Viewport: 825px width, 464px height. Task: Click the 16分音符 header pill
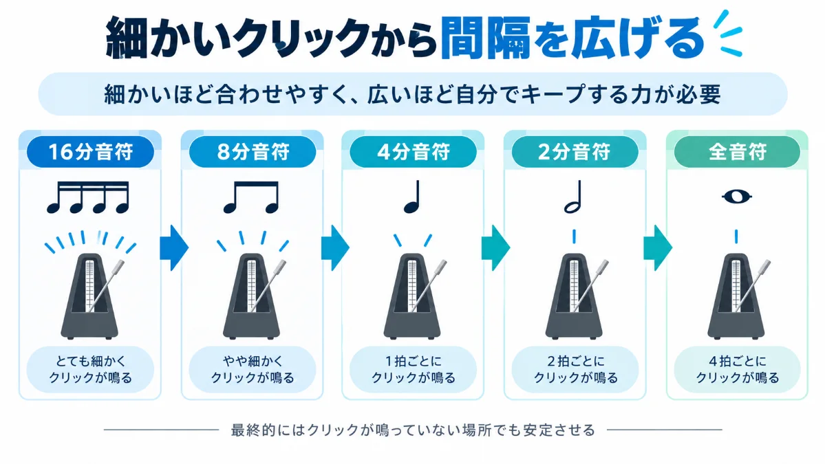coord(91,152)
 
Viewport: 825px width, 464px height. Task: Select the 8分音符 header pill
coord(253,152)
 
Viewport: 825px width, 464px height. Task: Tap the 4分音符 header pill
coord(413,152)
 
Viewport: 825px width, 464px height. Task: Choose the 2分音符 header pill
coord(575,152)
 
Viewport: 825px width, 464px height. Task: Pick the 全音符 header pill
coord(737,152)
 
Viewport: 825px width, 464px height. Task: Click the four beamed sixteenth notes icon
coord(88,197)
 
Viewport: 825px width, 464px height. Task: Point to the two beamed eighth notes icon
coord(251,197)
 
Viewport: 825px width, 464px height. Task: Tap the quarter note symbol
coord(413,197)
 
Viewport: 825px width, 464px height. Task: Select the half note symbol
coord(573,197)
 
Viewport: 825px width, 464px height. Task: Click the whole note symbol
coord(737,197)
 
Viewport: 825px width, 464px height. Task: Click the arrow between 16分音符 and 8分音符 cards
coord(174,247)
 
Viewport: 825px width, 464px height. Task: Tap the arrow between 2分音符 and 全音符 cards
coord(658,247)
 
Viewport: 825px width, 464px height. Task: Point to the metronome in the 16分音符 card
coord(90,296)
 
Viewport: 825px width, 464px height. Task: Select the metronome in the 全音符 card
coord(737,296)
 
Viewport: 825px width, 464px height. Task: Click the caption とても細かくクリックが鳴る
coord(91,369)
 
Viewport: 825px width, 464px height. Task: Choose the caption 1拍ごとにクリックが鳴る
coord(414,369)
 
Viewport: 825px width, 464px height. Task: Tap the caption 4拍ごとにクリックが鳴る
coord(737,369)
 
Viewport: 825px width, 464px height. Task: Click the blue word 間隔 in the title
coord(486,38)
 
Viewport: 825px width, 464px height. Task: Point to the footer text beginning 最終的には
coord(413,430)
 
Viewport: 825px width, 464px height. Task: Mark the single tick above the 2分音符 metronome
coord(574,236)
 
